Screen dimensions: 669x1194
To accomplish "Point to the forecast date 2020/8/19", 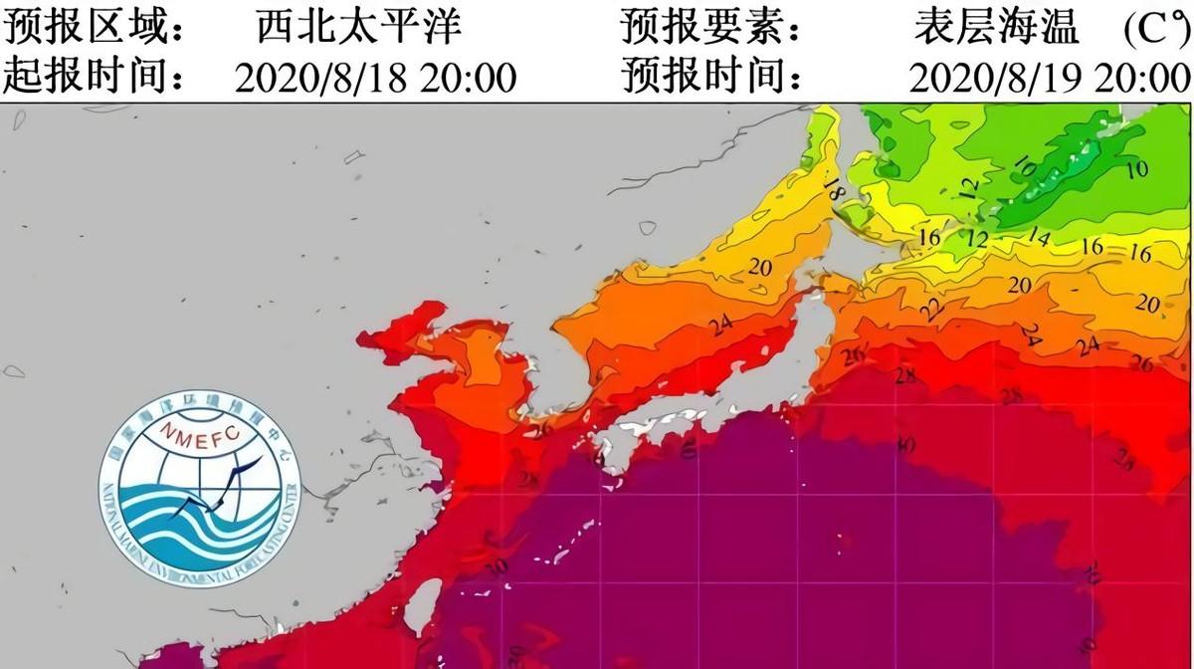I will [x=995, y=76].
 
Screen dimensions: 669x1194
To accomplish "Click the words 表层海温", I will [x=996, y=27].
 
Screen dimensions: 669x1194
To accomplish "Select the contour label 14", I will [x=1039, y=237].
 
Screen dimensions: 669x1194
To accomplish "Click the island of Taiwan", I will [x=425, y=602].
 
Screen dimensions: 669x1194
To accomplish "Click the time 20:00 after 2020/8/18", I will [x=467, y=76].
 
